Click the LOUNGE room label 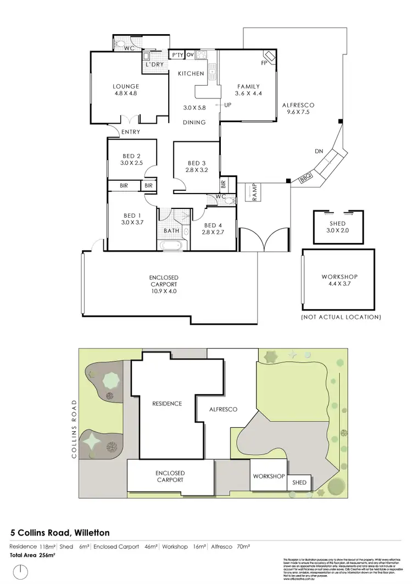[x=126, y=86]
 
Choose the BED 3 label [x=196, y=163]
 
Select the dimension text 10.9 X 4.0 [x=164, y=291]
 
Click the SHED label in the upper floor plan [x=338, y=223]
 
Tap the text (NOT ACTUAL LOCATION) [x=341, y=317]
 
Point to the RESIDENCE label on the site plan [x=167, y=404]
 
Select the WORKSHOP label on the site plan [x=269, y=476]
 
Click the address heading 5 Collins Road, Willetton [x=60, y=532]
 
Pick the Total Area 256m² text [x=33, y=556]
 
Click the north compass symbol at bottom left [x=20, y=572]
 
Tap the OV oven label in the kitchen [x=190, y=55]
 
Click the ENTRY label [x=131, y=132]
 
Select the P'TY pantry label [x=177, y=55]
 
